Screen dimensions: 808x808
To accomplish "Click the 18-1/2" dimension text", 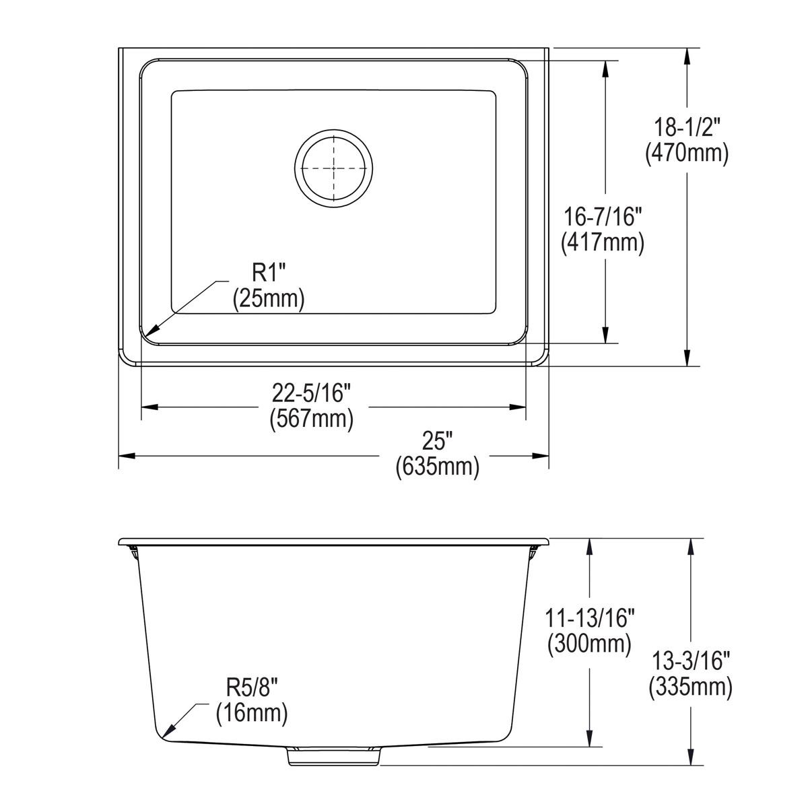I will pos(686,125).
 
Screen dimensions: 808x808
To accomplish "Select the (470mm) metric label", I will pos(686,154).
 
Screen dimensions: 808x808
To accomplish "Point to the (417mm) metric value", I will pos(603,242).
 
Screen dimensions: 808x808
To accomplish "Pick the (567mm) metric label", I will pos(311,419).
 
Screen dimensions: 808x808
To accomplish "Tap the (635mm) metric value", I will pos(437,466).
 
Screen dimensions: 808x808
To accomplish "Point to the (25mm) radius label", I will pos(269,298).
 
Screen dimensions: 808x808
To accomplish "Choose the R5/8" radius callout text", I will pos(252,687).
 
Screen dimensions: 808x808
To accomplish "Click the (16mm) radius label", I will pos(252,713).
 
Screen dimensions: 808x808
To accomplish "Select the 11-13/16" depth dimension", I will pos(589,617).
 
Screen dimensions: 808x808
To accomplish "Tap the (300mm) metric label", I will pos(589,644).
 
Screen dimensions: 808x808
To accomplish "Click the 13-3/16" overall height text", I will pos(690,661).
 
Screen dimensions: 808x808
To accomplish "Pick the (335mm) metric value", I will pos(690,687).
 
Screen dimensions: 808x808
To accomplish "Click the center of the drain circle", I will pos(333,166).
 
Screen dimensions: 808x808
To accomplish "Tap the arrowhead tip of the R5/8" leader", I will pos(164,735).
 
